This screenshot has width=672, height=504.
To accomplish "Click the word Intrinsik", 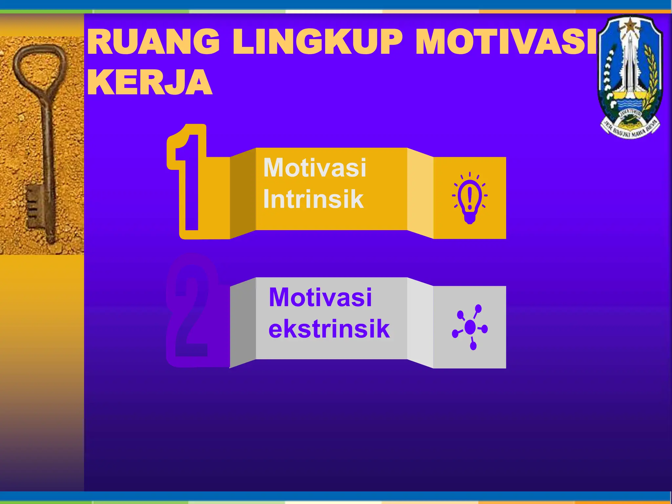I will click(x=313, y=199).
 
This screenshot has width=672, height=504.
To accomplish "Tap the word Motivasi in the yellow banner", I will click(x=315, y=168).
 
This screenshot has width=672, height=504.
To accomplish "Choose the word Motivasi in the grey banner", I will click(x=320, y=297).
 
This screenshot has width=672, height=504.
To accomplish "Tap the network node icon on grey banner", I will click(x=470, y=327).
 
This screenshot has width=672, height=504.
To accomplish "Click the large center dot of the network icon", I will click(x=470, y=327).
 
